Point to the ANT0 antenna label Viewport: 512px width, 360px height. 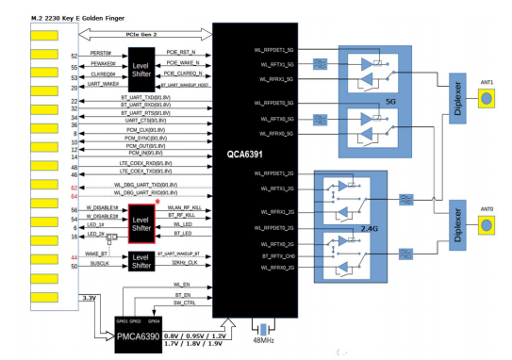click(487, 209)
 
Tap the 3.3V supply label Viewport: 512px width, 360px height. click(90, 298)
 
